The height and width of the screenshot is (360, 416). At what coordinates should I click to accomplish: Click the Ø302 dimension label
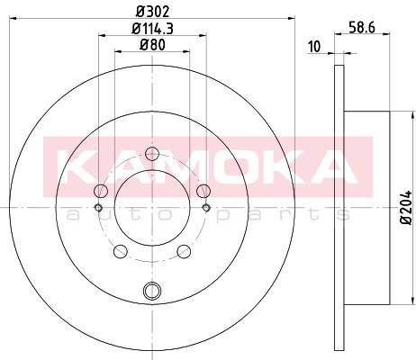[153, 12]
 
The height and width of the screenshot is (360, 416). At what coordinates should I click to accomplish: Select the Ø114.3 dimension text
[153, 29]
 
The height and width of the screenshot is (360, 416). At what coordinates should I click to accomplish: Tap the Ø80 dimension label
[152, 45]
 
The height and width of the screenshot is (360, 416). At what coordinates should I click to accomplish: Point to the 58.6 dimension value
[362, 28]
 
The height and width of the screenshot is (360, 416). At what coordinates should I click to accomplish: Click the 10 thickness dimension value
[314, 47]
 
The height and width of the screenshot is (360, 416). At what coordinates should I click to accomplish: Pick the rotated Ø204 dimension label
[407, 207]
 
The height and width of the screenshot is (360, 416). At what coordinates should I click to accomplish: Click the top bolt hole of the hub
[152, 154]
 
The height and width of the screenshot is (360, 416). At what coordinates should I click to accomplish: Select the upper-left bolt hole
[101, 191]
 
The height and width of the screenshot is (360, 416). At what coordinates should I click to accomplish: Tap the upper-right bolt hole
[203, 191]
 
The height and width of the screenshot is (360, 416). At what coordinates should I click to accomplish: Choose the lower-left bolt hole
[121, 251]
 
